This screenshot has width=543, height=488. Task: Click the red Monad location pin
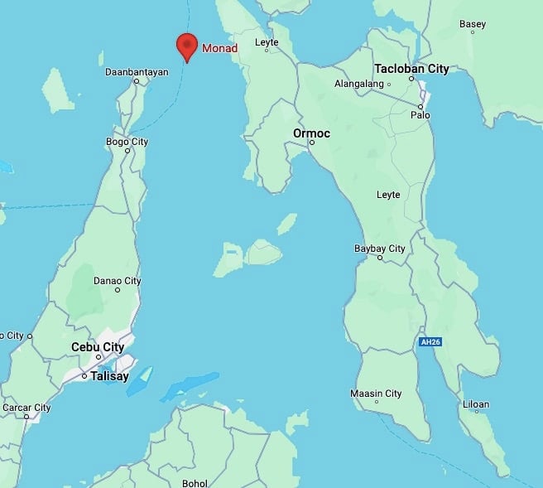coord(187,46)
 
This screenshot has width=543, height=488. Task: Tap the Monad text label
coord(220,48)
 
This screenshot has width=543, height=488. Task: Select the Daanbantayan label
coord(137,72)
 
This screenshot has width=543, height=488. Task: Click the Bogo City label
coord(127,142)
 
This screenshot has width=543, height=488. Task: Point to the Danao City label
coord(117,281)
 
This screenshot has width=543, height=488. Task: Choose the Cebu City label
coord(98,347)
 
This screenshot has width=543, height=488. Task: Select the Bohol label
coord(195,482)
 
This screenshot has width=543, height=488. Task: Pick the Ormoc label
coord(312,133)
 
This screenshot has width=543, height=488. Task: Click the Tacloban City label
coord(411,68)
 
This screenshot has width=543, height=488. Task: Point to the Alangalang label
coord(358,84)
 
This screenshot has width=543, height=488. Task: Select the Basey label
coord(473,24)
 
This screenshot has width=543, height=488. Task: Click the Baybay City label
coord(380,248)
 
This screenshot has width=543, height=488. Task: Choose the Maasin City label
coord(376,393)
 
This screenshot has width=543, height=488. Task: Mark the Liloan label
coord(476,404)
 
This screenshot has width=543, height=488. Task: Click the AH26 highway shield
coord(428,341)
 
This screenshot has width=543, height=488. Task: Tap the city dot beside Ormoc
coord(312,143)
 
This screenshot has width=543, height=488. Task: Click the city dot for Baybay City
coord(380,258)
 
